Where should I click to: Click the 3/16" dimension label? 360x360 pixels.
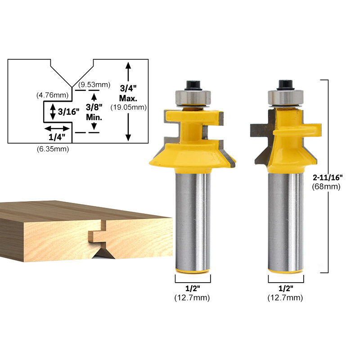tap(68, 112)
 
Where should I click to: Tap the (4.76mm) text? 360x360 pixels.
tap(52, 95)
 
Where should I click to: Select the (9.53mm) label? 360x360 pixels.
tap(94, 85)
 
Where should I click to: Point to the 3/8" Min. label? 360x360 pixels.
tap(94, 112)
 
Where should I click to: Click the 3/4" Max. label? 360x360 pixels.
tap(128, 93)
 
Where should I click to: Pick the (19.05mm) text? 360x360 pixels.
tap(129, 107)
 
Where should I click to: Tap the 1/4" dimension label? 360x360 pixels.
tap(57, 137)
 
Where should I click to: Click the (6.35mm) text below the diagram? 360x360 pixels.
tap(53, 149)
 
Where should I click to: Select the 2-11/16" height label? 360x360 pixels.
tap(328, 177)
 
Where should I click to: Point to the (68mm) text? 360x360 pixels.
tap(326, 186)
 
